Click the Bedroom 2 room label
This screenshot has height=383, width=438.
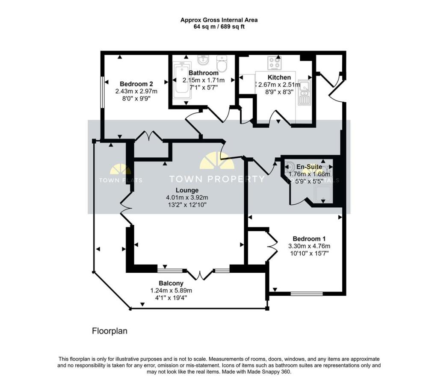tap(136, 84)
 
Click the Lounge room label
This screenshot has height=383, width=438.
tap(186, 190)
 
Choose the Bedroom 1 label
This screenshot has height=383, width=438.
tap(309, 239)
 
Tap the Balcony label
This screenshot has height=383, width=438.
tap(171, 283)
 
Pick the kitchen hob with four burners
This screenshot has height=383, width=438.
tap(274, 63)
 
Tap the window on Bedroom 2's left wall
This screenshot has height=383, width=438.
tap(102, 92)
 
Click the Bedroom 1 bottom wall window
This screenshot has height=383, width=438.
tap(306, 294)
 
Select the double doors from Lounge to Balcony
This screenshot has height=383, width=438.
tap(200, 274)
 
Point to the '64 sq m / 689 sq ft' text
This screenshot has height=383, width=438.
tap(219, 27)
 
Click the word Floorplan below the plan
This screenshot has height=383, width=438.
tap(110, 331)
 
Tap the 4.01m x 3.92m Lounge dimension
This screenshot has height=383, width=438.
tap(186, 197)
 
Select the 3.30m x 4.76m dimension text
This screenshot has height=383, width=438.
tap(309, 246)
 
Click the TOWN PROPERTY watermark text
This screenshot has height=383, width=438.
tap(217, 179)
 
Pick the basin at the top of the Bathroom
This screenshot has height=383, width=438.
tap(202, 60)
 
